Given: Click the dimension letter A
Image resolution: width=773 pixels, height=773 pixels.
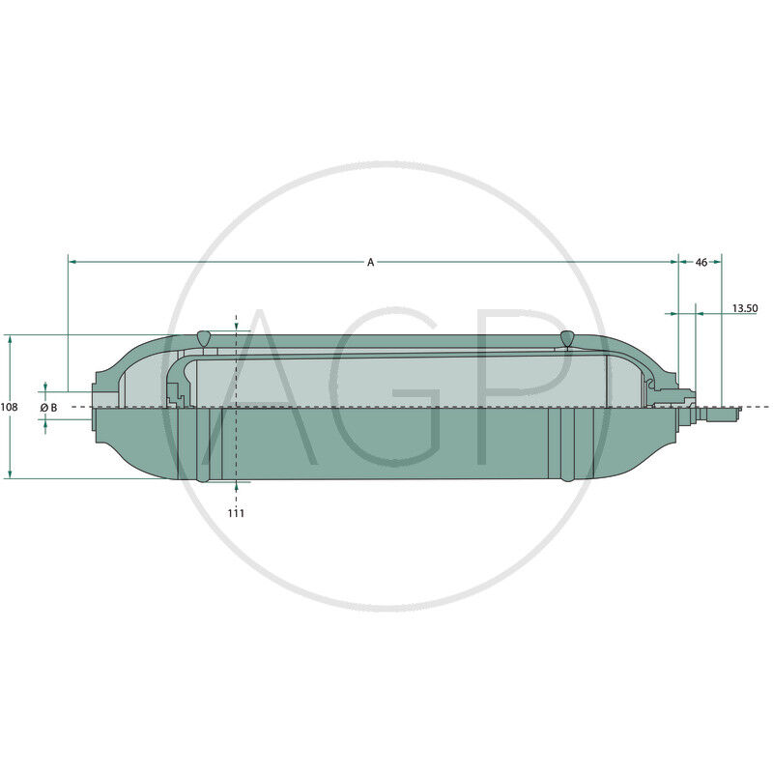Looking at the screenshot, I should coord(370,262).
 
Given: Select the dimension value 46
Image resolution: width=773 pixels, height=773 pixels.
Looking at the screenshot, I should coord(701,262).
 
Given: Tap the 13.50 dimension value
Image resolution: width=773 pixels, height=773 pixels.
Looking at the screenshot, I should coord(744,309).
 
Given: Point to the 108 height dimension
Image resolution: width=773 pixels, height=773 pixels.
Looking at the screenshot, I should coord(9,408).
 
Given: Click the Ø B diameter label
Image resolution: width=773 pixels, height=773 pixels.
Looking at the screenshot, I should coord(48,408).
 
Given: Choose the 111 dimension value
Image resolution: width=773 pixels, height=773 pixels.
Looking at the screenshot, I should coord(236,513).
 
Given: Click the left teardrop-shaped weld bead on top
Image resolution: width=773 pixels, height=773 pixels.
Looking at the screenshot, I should coord(203,337).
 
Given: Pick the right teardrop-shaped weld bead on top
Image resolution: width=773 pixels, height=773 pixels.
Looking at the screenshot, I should coord(566,337).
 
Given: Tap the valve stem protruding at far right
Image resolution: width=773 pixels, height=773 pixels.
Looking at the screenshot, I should coord(720,414).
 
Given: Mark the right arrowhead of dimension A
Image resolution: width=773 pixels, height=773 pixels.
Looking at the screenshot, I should coord(673,261).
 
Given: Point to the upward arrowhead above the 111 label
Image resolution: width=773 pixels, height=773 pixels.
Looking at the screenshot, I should coord(236,487).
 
